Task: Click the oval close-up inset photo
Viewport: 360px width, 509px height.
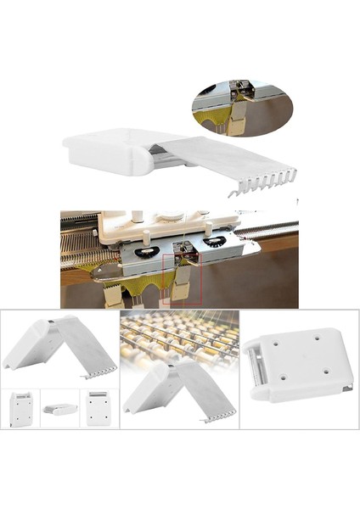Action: click(240, 109)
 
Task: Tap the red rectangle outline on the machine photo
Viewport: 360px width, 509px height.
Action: click(187, 271)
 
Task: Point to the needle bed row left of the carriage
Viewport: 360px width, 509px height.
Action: click(82, 234)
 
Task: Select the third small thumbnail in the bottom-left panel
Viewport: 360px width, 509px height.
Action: click(99, 408)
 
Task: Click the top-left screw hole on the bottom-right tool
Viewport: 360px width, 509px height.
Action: click(279, 345)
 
